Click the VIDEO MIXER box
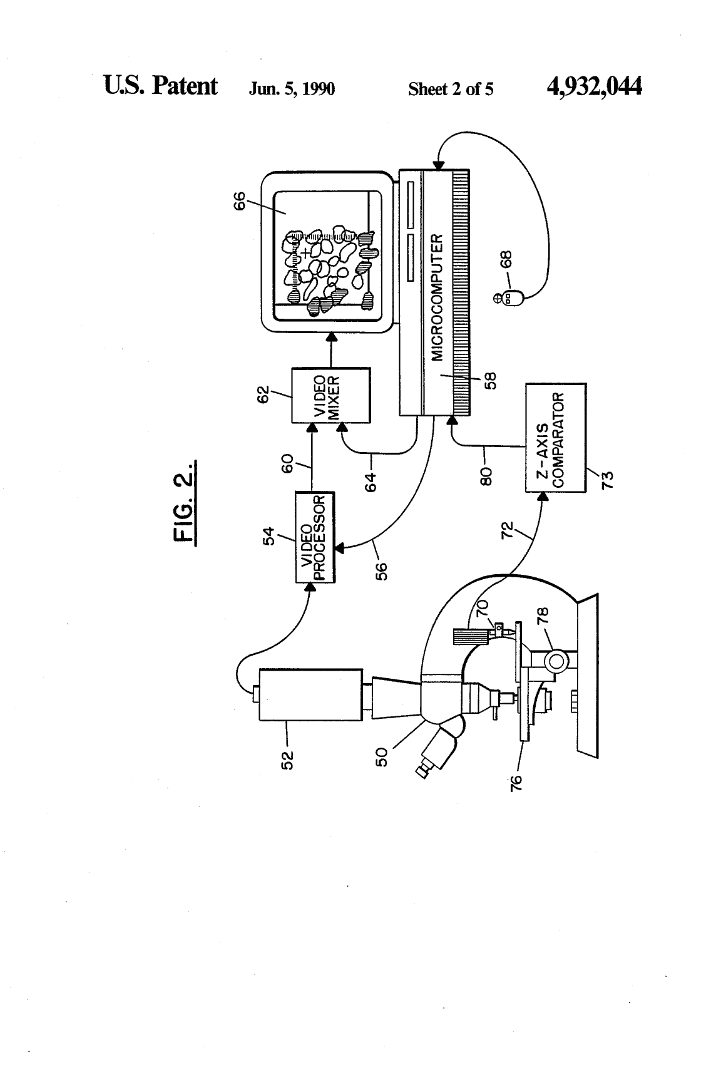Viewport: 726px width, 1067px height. click(331, 395)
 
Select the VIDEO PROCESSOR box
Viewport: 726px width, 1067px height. click(315, 537)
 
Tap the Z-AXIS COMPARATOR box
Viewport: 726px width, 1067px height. click(556, 438)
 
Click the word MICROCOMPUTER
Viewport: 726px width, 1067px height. click(437, 297)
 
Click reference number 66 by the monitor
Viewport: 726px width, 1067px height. click(239, 200)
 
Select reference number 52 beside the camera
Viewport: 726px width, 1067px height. click(287, 760)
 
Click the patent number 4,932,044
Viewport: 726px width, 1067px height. click(594, 86)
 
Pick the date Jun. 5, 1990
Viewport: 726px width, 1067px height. click(292, 89)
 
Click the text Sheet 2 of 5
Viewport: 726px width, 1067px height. click(451, 89)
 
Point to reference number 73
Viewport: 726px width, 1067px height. click(608, 480)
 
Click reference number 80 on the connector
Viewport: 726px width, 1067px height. click(486, 475)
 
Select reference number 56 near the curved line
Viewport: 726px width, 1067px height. click(381, 572)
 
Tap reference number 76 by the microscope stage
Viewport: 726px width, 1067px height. click(516, 783)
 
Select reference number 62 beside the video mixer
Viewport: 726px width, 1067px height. click(263, 395)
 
